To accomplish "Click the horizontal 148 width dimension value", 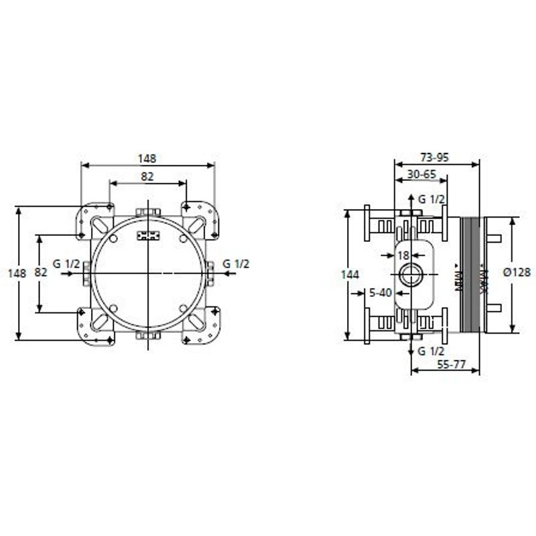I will coord(147,159).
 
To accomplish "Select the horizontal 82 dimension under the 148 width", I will coord(147,177).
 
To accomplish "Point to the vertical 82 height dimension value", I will coord(40,273).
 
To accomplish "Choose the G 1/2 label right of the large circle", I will coord(236,263).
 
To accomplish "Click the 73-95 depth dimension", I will coord(435,158).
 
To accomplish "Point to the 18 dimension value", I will coord(403,255).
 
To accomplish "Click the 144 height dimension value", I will coord(350,275).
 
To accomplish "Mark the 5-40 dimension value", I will coord(381,291).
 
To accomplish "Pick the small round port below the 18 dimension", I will coord(409,274).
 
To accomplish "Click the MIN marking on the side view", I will coord(458,278).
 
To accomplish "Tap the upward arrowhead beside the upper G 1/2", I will coord(410,200).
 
